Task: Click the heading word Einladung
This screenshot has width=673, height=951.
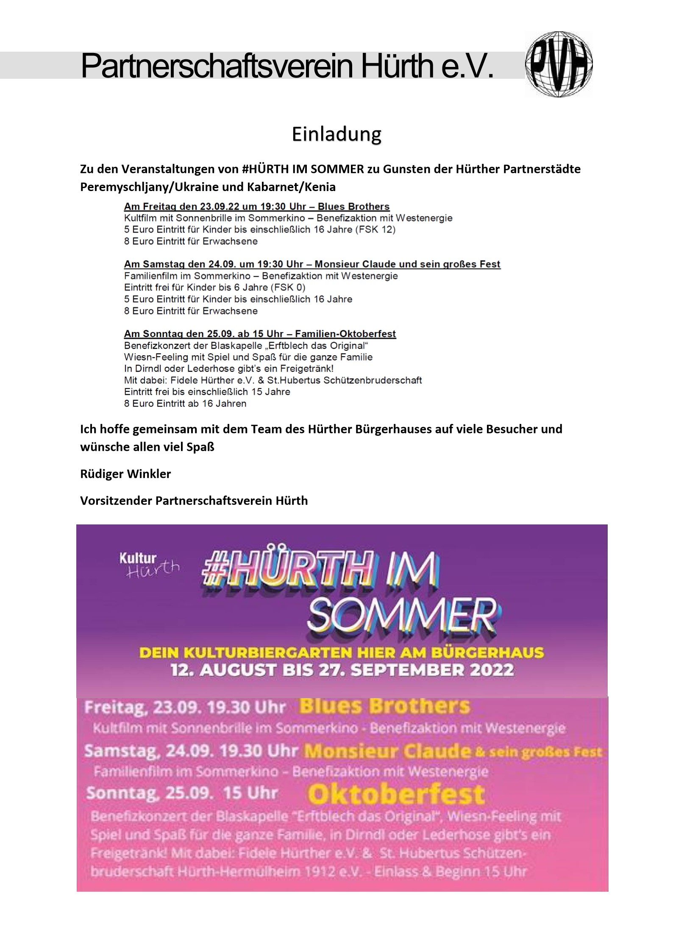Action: (x=336, y=135)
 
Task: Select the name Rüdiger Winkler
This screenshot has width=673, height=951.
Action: (x=125, y=474)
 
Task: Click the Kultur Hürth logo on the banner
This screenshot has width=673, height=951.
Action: (x=149, y=564)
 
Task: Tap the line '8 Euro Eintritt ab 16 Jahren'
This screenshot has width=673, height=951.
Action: (x=185, y=403)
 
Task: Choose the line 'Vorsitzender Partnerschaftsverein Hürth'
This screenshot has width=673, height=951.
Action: (x=194, y=501)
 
